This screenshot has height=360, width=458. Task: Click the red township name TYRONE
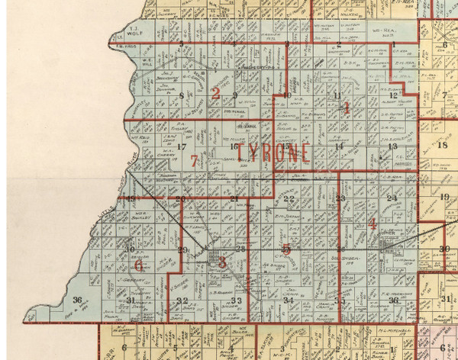point(273,152)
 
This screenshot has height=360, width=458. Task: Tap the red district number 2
point(216,95)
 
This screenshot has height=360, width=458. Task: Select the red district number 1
point(346,108)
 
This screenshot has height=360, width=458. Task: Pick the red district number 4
point(372,223)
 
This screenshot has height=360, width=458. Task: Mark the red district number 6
point(138,265)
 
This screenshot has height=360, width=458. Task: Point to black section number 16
point(234,145)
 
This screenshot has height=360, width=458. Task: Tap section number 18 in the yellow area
point(443,145)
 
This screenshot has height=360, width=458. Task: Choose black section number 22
point(288,199)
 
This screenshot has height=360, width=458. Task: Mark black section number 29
point(182,249)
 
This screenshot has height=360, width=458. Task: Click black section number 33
point(236,301)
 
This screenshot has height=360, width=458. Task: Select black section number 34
point(289,301)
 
